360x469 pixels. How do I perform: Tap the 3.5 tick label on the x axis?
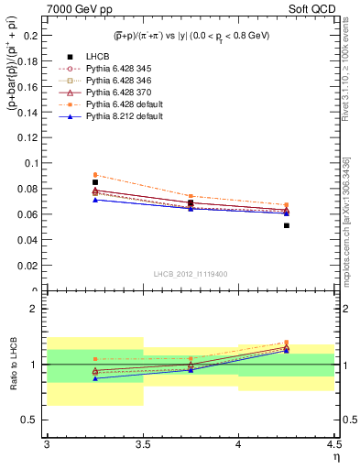point(143,444)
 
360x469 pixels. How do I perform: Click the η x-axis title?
point(336,455)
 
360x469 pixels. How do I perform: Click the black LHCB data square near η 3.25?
point(95,182)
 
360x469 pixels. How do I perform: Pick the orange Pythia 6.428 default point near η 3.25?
point(95,175)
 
